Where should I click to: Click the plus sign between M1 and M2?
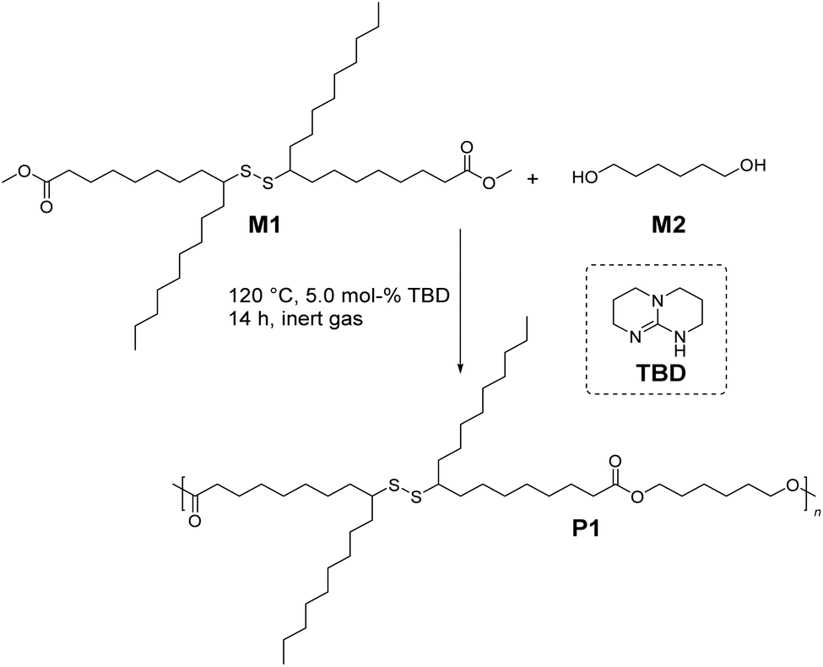tap(533, 178)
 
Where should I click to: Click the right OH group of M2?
tap(753, 165)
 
